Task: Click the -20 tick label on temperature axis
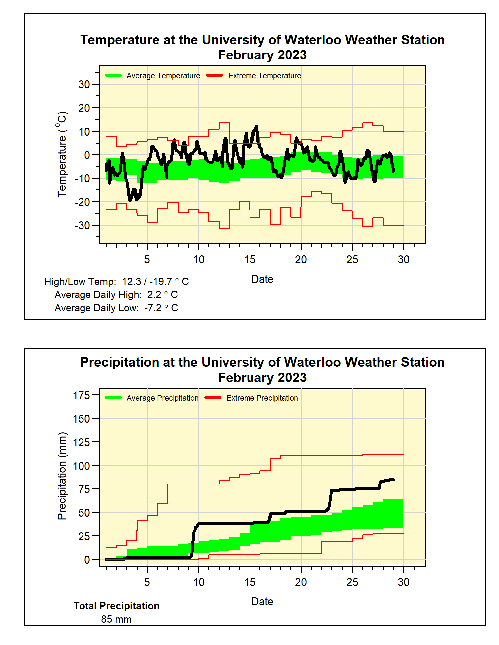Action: click(82, 202)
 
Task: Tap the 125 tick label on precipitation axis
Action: click(82, 442)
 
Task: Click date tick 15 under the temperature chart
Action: click(250, 260)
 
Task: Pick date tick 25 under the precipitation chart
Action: click(352, 582)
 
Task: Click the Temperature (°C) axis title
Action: click(62, 155)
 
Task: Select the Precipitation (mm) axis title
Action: click(62, 476)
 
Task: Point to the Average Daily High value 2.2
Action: click(154, 295)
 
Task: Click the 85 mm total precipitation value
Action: click(116, 619)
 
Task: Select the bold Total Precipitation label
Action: click(116, 606)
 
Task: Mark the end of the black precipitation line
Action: click(394, 480)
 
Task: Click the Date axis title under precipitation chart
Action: click(262, 602)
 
